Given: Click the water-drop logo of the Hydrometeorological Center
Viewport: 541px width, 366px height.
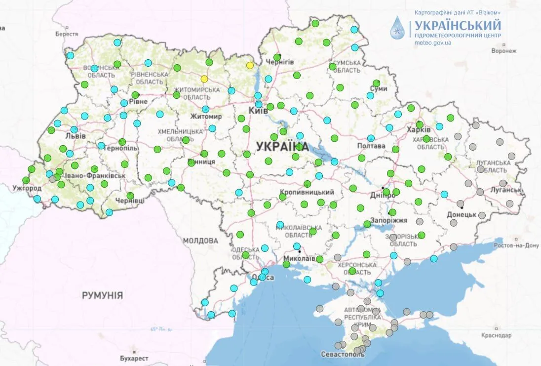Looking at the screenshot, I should tap(397, 28).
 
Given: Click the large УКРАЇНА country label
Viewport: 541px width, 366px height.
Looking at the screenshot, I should tap(282, 146).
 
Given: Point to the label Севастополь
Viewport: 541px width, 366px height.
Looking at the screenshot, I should tap(342, 354).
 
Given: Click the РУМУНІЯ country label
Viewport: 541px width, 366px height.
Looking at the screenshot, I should tap(102, 295).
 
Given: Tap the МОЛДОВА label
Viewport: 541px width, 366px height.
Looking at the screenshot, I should tap(200, 241).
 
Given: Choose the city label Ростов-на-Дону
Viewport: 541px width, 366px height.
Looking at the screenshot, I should tap(517, 245).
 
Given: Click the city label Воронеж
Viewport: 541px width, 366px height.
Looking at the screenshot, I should tap(503, 50).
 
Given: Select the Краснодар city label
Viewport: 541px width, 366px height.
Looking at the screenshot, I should tap(496, 335).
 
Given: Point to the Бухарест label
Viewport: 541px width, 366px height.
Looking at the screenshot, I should tap(134, 358).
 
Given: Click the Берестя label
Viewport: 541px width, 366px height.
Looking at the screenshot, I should tap(67, 34).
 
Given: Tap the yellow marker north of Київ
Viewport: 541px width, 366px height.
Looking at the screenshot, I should tap(250, 65).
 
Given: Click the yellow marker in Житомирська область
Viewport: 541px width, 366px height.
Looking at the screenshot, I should tap(204, 79).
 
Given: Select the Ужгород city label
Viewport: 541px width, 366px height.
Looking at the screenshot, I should tap(28, 189).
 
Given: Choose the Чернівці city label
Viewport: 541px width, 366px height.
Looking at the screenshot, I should tap(130, 201).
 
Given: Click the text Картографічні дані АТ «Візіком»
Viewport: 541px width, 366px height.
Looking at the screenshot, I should tap(458, 12).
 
